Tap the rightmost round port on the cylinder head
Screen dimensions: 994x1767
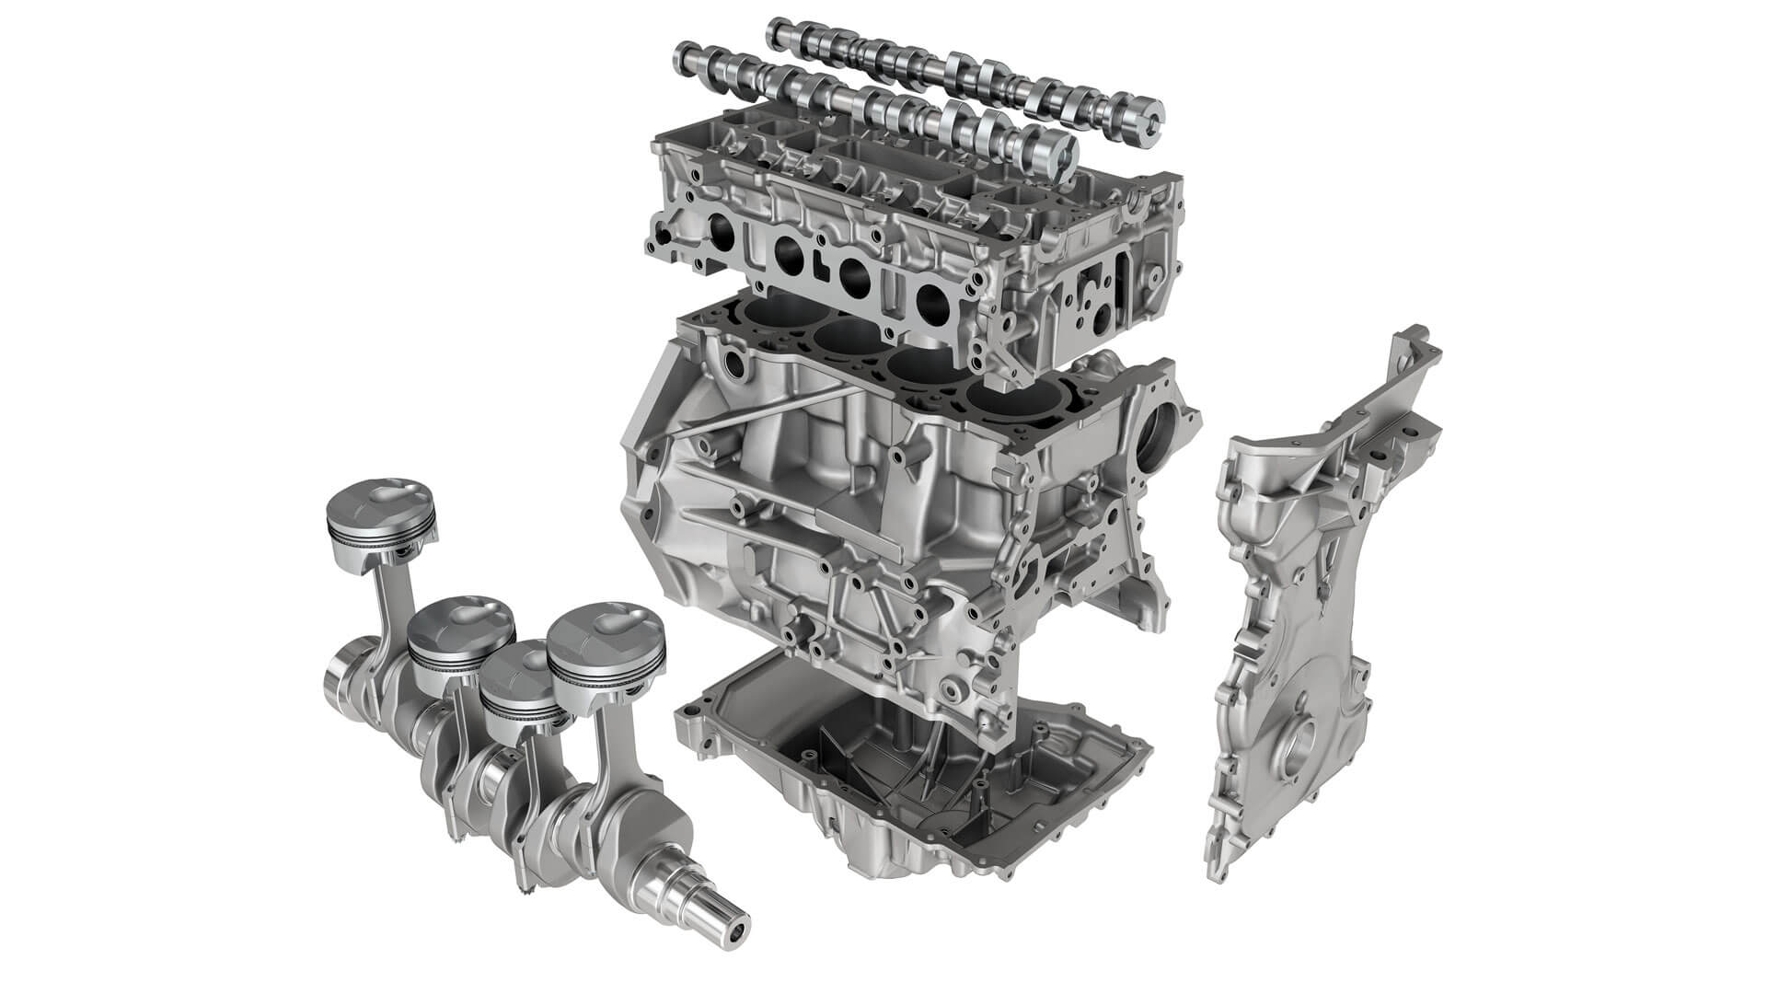[x=931, y=299]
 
